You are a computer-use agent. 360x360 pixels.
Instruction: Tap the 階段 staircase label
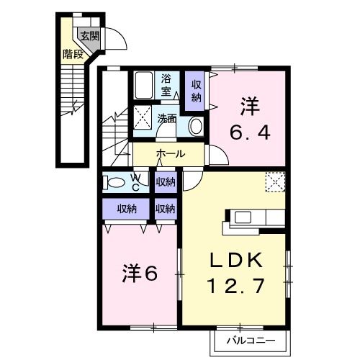coord(71,53)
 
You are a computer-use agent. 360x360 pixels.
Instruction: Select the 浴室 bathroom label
coord(166,84)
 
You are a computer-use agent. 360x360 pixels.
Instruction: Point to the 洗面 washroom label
coord(167,118)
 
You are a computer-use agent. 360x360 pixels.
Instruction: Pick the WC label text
coord(136,181)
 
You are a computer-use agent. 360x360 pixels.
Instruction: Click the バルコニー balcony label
coord(249,338)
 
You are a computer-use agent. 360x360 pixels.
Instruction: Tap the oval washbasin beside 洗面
coord(195,125)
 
